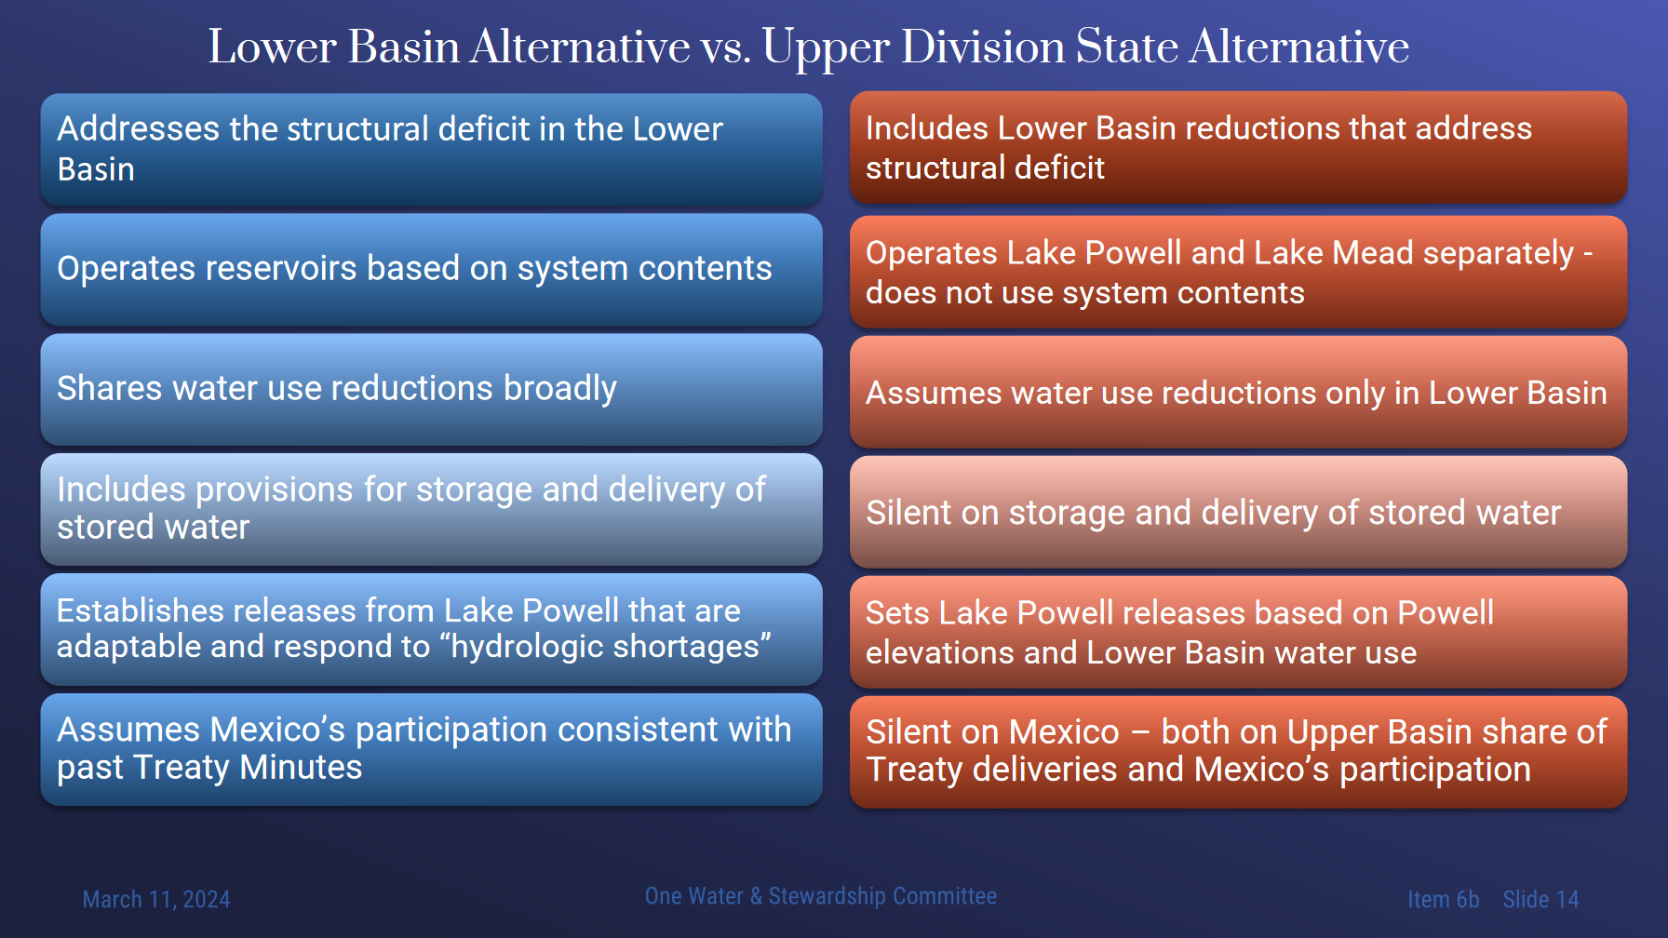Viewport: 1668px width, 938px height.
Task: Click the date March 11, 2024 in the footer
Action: click(x=156, y=899)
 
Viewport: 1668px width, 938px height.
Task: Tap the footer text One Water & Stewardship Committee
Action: click(x=821, y=896)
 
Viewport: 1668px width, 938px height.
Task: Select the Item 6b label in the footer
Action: click(x=1443, y=899)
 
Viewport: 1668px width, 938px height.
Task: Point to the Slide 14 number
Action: click(x=1540, y=899)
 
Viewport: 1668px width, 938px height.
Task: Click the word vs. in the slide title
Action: click(x=726, y=47)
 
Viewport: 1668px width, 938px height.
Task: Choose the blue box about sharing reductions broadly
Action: click(x=431, y=389)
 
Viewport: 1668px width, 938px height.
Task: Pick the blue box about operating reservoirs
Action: click(x=431, y=270)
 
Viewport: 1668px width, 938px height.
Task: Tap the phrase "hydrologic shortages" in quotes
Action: click(x=611, y=646)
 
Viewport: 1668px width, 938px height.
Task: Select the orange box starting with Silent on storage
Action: click(x=1238, y=512)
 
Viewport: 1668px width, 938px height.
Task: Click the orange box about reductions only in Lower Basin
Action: click(x=1238, y=392)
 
